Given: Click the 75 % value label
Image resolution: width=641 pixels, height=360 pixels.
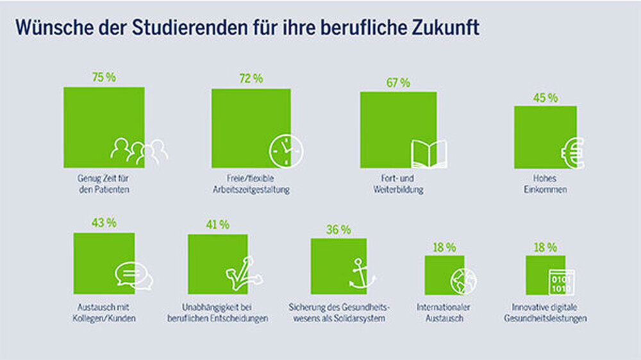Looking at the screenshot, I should coord(104,78).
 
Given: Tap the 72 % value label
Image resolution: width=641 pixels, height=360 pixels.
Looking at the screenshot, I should coord(251,79).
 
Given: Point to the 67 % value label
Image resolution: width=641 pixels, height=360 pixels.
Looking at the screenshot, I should coord(398,83).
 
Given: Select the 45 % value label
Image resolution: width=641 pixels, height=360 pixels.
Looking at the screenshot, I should coord(545,98).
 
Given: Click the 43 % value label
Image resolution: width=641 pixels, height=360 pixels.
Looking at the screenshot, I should coord(104,223).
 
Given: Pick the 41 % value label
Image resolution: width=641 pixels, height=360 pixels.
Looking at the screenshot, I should coord(217,225).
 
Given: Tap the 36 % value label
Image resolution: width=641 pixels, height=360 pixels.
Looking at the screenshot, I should coord(338,229).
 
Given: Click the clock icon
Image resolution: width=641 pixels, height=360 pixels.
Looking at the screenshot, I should coord(286,152).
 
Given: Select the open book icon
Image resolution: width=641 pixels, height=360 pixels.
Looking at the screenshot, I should coord(429,154).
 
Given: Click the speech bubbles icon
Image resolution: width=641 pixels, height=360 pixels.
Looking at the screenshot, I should coord(134,276).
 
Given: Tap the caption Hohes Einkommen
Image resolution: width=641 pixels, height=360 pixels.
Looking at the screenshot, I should coord(545,184).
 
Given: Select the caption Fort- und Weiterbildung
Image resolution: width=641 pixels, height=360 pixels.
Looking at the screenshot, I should coord(398,184).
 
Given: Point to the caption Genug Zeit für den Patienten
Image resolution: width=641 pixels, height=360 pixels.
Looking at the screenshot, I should coord(104,184).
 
